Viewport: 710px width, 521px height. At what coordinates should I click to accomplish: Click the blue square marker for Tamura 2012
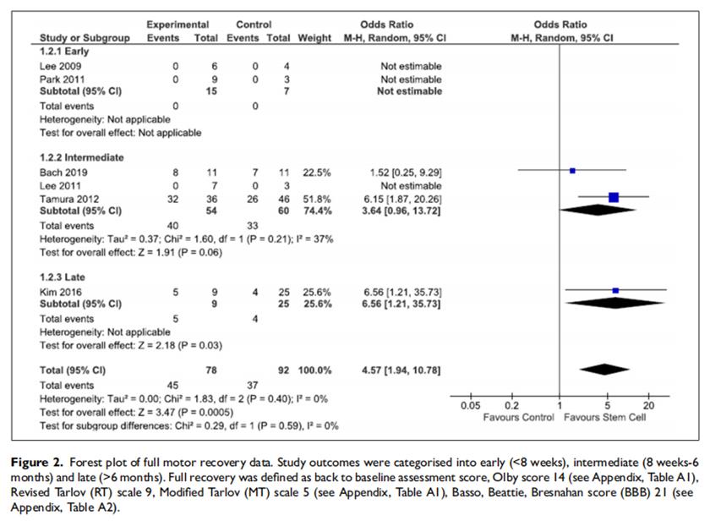coord(614,197)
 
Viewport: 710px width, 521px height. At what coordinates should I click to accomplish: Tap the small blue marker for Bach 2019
coord(572,170)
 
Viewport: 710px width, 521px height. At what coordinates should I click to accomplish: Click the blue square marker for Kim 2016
coord(615,291)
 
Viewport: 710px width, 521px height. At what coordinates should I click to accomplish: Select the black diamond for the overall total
coord(605,368)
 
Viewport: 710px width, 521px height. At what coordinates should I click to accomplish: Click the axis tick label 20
coord(649,406)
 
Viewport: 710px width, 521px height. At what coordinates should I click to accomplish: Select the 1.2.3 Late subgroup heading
coord(61,277)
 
